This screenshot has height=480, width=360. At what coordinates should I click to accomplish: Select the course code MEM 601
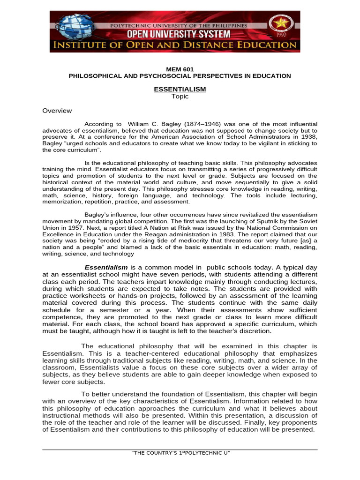click(x=180, y=69)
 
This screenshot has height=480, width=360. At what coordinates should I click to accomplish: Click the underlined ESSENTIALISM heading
click(x=180, y=89)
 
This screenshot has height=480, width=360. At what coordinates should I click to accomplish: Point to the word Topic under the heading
click(x=180, y=97)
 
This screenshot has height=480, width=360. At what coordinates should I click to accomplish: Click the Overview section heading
click(x=57, y=111)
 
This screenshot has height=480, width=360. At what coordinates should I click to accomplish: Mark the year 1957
click(x=69, y=227)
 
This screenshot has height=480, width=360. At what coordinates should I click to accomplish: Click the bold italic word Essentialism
click(x=106, y=267)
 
